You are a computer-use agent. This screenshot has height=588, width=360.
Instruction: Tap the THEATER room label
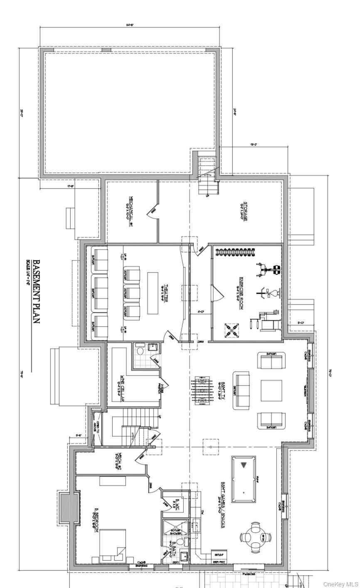pos(165,293)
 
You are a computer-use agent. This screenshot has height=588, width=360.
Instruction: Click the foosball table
pos(201,391)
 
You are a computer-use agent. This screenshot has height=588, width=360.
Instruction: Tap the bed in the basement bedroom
pos(112,544)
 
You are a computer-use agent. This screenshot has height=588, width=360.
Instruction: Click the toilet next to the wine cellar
pos(140,351)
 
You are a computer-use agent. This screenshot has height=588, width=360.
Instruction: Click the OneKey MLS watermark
pos(340,583)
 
